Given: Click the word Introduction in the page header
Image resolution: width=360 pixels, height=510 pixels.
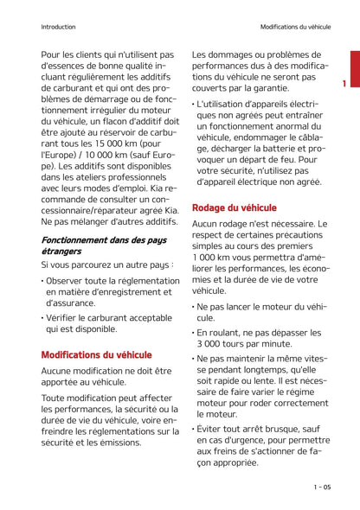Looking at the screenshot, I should [x=58, y=27].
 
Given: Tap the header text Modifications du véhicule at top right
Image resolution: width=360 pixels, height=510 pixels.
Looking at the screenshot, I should [x=295, y=27].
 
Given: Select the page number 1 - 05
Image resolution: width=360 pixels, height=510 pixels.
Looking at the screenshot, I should [x=321, y=488].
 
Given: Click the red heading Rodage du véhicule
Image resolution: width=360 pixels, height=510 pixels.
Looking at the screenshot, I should [x=234, y=208].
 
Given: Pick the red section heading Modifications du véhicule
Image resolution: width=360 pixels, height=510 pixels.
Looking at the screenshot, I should [x=96, y=354].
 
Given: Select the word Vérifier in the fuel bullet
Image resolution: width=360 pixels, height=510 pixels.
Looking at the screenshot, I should [x=67, y=317].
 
